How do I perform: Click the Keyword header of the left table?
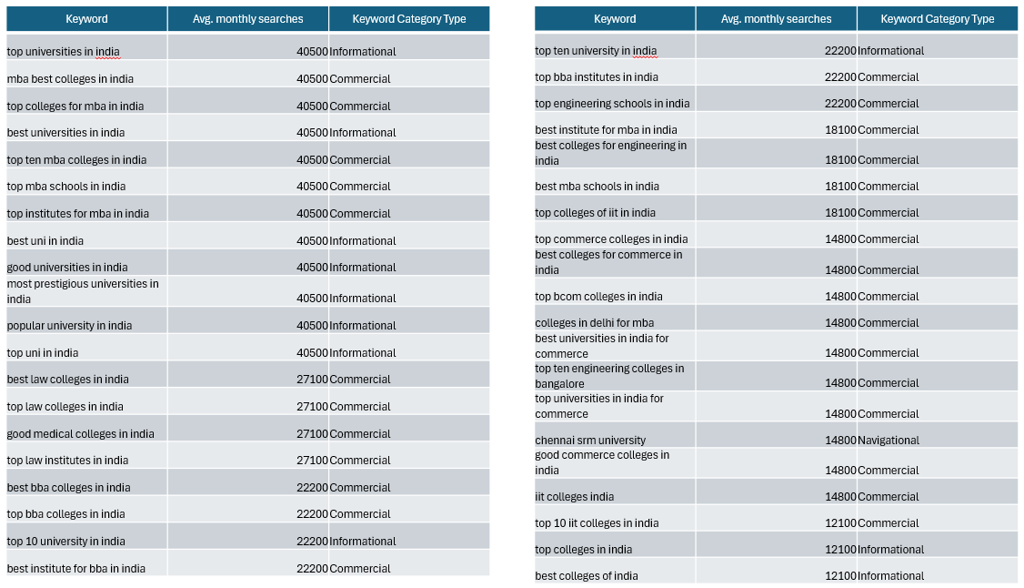(x=86, y=19)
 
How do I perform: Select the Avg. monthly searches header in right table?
(x=776, y=19)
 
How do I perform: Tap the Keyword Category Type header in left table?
(x=409, y=19)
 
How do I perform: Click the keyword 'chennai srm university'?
(x=589, y=441)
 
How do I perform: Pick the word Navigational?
(x=888, y=441)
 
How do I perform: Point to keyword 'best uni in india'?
(x=45, y=240)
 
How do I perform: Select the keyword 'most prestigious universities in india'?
(x=83, y=291)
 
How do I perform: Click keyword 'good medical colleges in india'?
(x=80, y=434)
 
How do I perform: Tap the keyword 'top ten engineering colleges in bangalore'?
(x=609, y=376)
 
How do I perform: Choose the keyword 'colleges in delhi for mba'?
(x=594, y=323)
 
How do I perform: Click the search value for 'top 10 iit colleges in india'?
(x=840, y=523)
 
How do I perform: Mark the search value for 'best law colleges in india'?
(x=312, y=380)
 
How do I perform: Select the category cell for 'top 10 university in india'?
(x=363, y=542)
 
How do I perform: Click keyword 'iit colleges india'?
(x=574, y=497)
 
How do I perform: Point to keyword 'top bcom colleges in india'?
(x=598, y=297)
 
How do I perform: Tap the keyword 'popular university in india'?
(x=69, y=325)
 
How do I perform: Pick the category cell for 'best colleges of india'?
(x=891, y=576)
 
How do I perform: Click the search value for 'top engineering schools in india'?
(x=840, y=104)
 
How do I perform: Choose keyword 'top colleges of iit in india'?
(x=595, y=213)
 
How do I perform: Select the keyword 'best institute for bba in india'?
(x=75, y=568)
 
